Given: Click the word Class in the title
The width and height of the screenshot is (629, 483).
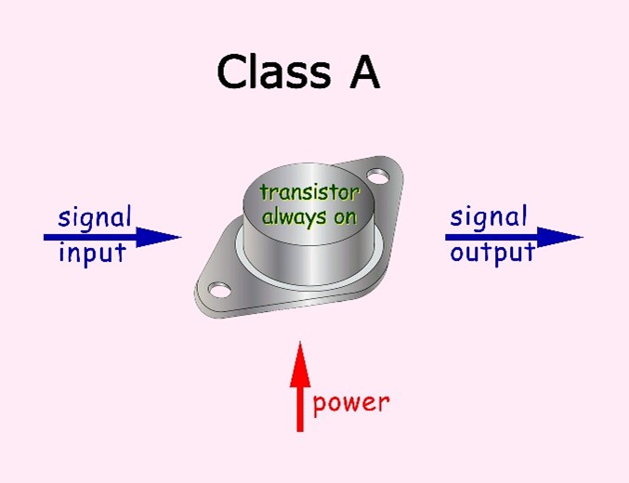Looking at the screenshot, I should tap(270, 72).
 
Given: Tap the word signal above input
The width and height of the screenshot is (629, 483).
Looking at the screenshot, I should tap(94, 218).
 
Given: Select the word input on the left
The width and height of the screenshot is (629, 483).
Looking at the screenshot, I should tap(92, 254).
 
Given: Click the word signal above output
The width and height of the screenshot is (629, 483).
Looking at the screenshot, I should tap(488, 218).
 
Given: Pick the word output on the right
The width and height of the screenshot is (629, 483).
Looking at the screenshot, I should tap(492, 253).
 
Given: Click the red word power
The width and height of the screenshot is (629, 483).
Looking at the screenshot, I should tap(351, 403).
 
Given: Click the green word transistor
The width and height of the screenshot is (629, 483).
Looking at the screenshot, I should tap(308, 193).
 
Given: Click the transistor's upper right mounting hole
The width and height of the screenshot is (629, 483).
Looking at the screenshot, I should tap(376, 175).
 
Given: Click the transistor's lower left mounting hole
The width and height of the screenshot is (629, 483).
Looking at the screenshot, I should tap(218, 291).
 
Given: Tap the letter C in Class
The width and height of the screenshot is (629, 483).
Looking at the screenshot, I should tap(233, 72).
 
